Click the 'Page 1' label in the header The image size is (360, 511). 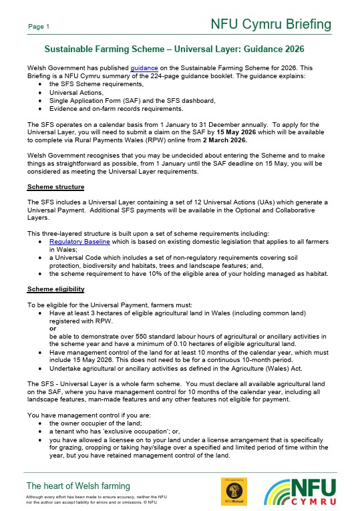(38, 27)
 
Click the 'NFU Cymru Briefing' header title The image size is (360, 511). (271, 25)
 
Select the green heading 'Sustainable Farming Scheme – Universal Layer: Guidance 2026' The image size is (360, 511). (174, 49)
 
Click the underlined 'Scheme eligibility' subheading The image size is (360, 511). (55, 289)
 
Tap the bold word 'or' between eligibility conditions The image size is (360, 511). (53, 328)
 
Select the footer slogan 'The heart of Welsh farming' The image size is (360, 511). (77, 486)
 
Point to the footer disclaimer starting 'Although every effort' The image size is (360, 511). (96, 497)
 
